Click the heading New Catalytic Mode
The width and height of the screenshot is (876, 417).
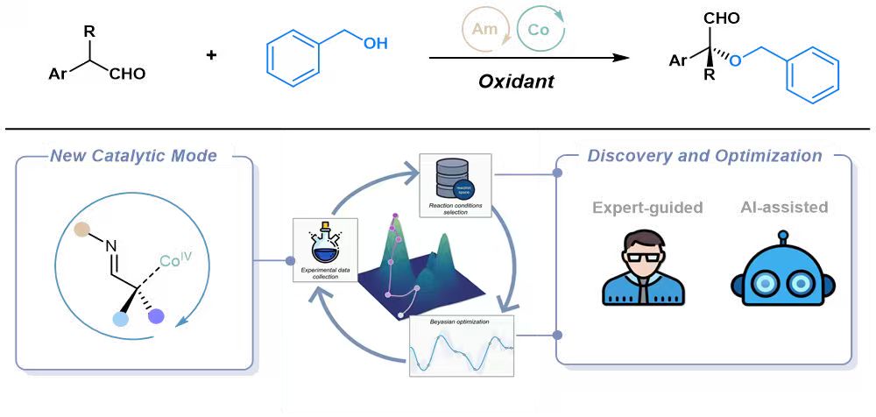(x=132, y=157)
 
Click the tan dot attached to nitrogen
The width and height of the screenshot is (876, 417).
(x=81, y=230)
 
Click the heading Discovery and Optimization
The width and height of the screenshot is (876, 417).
(x=704, y=157)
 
